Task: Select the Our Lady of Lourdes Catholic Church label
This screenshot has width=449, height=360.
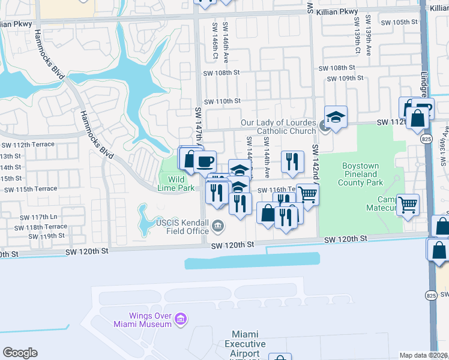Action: click(x=278, y=127)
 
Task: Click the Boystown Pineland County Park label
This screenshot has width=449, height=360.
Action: click(x=363, y=174)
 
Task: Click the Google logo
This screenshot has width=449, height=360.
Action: click(x=20, y=353)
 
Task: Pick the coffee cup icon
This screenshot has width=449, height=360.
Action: click(x=205, y=161)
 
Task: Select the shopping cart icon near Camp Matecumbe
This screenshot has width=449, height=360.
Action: click(x=408, y=205)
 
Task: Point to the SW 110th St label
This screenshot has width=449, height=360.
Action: click(x=221, y=101)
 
